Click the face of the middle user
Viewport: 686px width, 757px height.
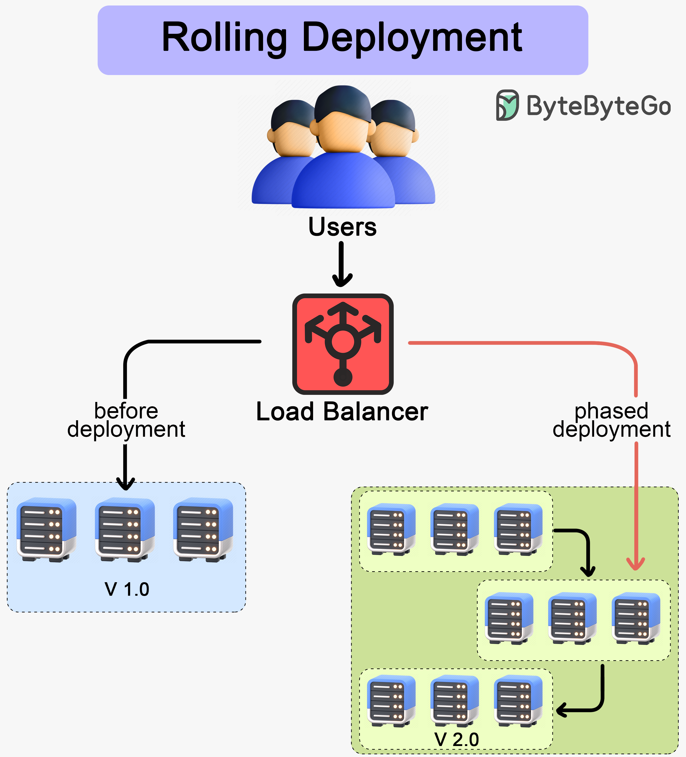click(343, 131)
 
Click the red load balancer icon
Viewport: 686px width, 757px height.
click(343, 344)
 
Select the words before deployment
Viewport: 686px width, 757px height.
click(126, 420)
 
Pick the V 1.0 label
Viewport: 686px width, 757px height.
click(127, 589)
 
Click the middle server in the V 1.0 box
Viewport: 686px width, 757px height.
click(125, 529)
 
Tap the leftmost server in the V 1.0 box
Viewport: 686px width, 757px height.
click(47, 529)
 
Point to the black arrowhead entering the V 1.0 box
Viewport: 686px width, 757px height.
click(125, 484)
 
